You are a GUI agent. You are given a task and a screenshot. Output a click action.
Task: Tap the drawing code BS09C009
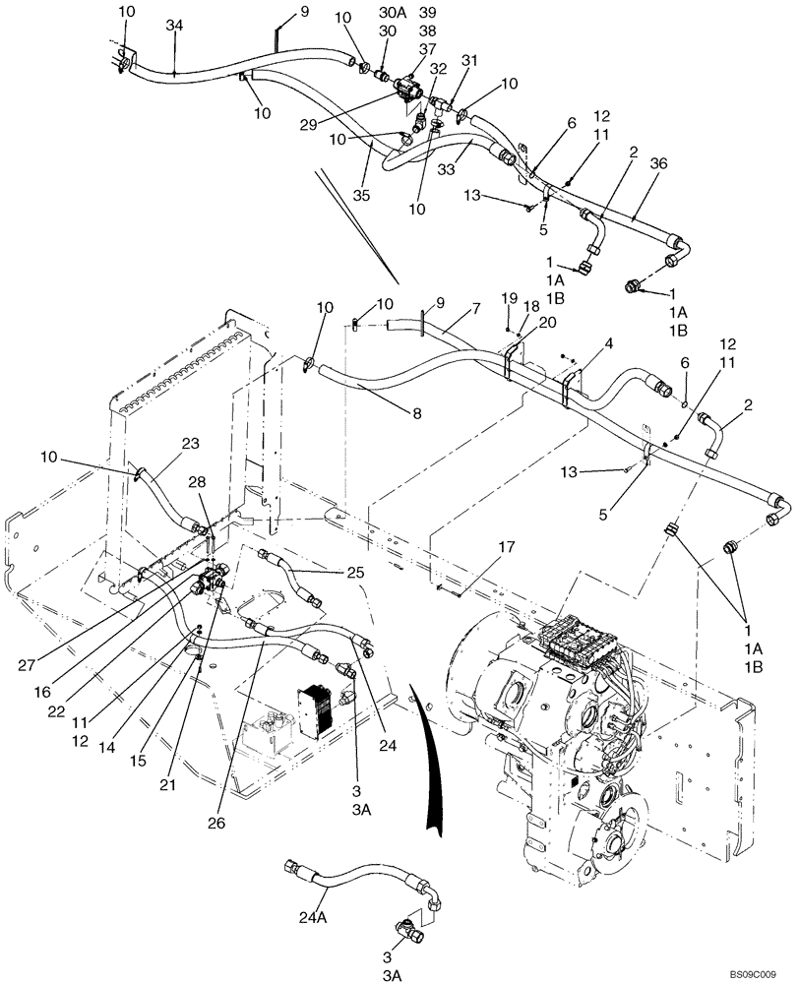click(x=758, y=971)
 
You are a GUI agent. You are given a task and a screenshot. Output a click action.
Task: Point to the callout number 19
click(x=508, y=296)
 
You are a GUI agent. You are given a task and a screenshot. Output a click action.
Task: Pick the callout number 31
click(x=470, y=60)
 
